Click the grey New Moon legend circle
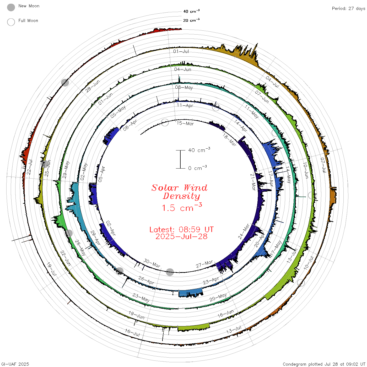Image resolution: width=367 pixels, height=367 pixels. [x=11, y=7]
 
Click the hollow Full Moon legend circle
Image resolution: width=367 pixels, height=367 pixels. [x=11, y=22]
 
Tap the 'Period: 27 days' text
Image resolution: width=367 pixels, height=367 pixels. [x=348, y=9]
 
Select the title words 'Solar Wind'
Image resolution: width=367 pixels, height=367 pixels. [x=179, y=188]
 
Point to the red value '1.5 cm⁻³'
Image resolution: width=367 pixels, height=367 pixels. [x=182, y=207]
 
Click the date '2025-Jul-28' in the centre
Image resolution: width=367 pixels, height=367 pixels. [x=181, y=236]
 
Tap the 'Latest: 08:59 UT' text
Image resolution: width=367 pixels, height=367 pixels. [x=181, y=229]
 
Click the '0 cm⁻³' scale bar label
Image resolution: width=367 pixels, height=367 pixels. [x=197, y=168]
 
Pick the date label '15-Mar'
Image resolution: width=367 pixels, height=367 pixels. [x=185, y=123]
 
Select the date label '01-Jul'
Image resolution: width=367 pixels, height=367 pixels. [x=181, y=51]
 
